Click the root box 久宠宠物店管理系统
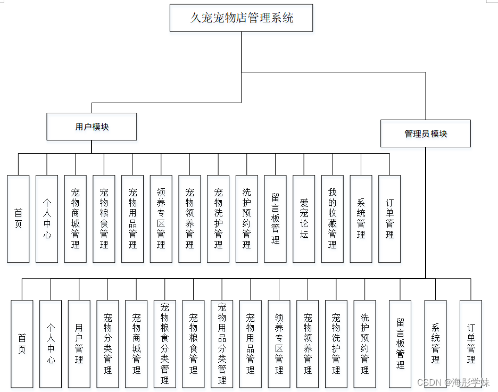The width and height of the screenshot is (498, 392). tap(241, 18)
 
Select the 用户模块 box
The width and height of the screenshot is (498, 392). tap(92, 127)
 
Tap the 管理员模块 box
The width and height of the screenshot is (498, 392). tap(426, 134)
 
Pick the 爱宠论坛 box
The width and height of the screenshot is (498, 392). tap(304, 219)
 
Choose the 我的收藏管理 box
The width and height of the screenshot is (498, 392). tap(333, 219)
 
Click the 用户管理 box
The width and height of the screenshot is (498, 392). tap(79, 344)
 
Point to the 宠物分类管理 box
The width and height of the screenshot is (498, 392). tap(108, 344)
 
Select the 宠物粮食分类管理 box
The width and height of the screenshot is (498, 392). tap(165, 344)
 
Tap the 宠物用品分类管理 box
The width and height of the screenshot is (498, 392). tap(222, 344)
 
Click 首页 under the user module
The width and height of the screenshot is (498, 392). tap(18, 219)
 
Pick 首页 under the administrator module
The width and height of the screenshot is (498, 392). tap(22, 344)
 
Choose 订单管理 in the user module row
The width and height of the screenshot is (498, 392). tap(389, 219)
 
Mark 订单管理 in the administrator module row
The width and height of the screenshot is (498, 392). tap(471, 344)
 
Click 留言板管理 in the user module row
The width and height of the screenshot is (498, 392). tap(275, 219)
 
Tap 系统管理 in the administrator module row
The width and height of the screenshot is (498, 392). tap(435, 344)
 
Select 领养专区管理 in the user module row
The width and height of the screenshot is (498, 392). tap(161, 219)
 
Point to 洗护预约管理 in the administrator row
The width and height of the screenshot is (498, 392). tap(365, 344)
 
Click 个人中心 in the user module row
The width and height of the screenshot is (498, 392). tap(47, 219)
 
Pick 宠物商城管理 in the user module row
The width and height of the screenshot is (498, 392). tap(76, 219)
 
